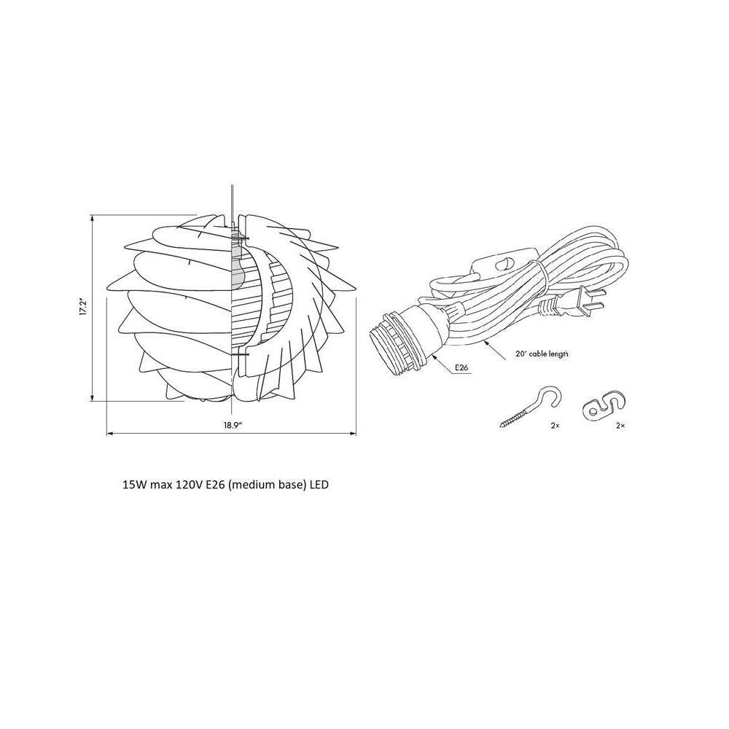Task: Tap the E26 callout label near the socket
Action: click(x=461, y=368)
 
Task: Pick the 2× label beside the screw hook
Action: click(x=555, y=424)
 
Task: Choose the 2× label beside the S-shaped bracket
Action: click(x=620, y=424)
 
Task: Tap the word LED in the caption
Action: click(x=319, y=483)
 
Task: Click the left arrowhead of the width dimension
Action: click(x=110, y=434)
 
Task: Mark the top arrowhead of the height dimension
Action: click(x=93, y=218)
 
